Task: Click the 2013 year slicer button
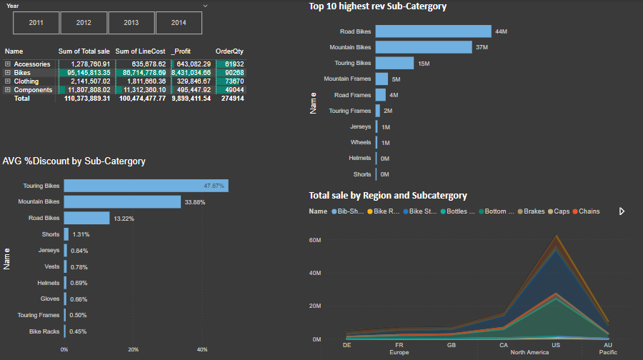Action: click(131, 23)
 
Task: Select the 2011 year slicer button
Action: click(36, 23)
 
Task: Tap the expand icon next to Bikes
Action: click(8, 73)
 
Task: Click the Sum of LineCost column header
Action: click(140, 51)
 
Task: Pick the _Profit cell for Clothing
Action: click(190, 81)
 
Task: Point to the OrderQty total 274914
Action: click(229, 99)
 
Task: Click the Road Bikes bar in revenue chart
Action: click(433, 31)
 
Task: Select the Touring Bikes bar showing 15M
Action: click(394, 63)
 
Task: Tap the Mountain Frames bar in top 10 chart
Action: click(382, 79)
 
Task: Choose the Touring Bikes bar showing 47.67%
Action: click(146, 186)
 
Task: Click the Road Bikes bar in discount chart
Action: click(86, 218)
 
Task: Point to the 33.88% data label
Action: click(195, 202)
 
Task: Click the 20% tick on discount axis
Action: click(133, 349)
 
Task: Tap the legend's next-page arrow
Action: click(622, 211)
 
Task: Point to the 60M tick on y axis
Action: click(314, 240)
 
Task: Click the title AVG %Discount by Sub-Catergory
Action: click(74, 161)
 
